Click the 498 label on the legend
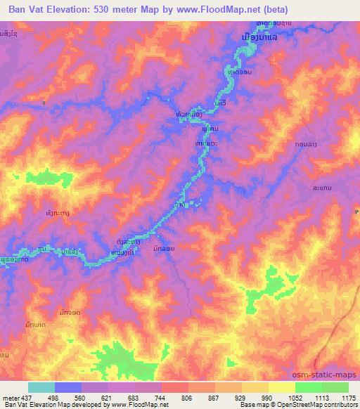pos(55,397)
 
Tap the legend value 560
pos(82,397)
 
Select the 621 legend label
pos(108,397)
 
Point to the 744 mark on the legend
pos(162,397)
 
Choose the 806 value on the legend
pos(188,397)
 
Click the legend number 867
pos(215,397)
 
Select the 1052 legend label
pos(295,397)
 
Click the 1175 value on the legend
pos(348,397)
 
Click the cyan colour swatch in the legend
pos(41,387)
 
